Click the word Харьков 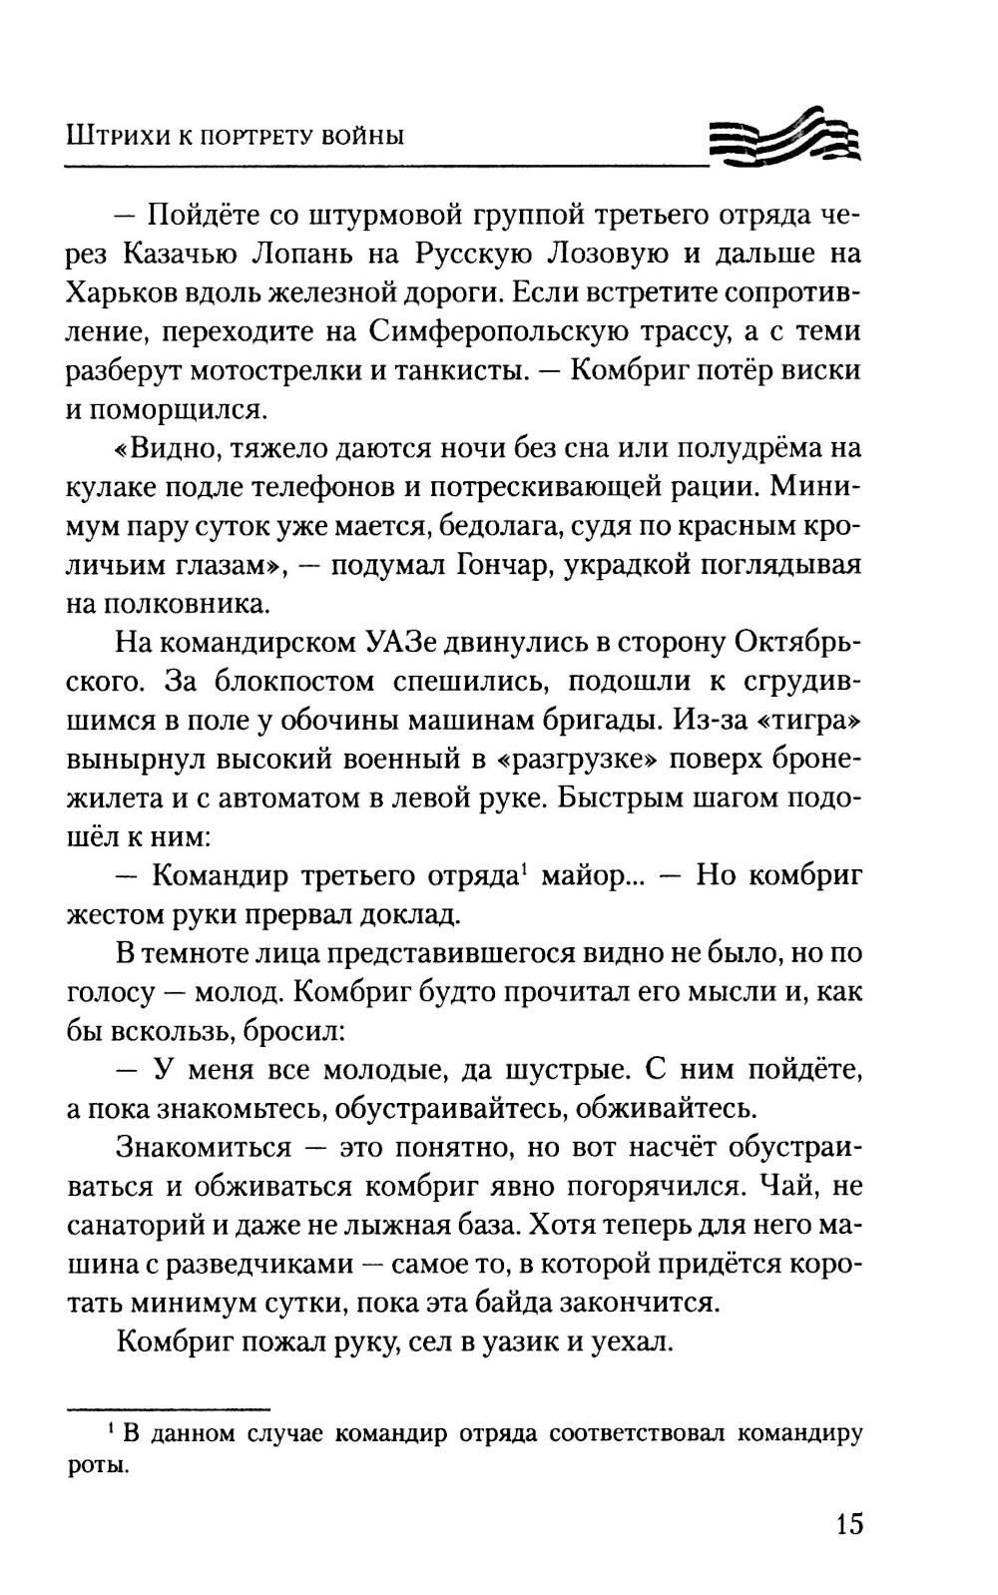[x=123, y=291]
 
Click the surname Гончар [x=501, y=565]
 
